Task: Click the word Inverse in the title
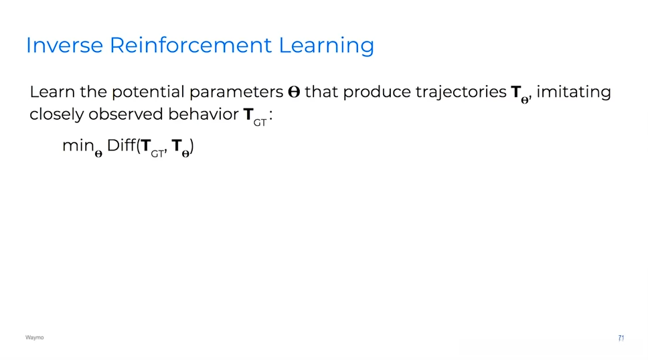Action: [x=64, y=45]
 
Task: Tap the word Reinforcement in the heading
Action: [x=191, y=45]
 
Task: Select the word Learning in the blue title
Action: [x=327, y=46]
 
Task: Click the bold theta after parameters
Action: [x=294, y=92]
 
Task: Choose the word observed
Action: [x=126, y=114]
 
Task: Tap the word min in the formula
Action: [x=78, y=145]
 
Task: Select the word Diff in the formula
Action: [x=121, y=145]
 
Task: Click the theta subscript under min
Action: [x=98, y=154]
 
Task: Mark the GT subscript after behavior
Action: [x=260, y=122]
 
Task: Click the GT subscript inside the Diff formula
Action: [x=157, y=154]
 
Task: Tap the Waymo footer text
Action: [x=34, y=337]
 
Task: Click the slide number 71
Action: [x=621, y=338]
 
